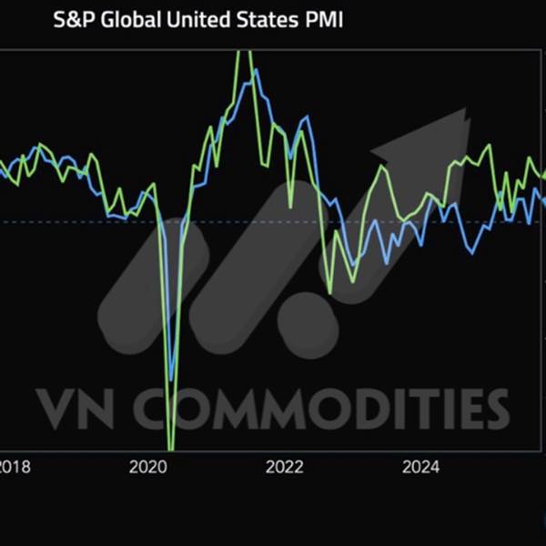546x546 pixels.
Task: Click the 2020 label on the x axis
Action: pos(148,468)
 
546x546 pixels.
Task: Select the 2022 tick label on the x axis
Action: pos(284,468)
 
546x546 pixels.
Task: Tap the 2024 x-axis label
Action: pos(420,468)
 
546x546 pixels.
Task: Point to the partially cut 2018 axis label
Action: pos(15,468)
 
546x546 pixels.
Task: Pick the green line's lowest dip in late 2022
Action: pos(329,293)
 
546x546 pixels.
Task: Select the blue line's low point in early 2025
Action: pos(471,254)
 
